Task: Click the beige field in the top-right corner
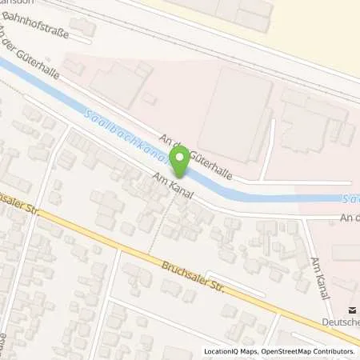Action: pos(320,24)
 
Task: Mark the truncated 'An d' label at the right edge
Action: pos(349,217)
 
